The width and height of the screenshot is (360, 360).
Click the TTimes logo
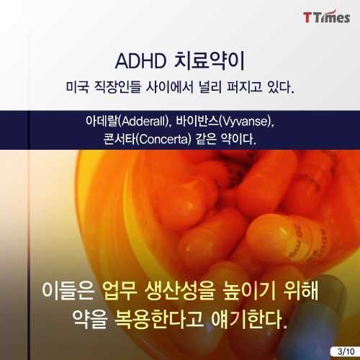point(326,17)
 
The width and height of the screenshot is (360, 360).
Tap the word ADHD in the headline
point(141,61)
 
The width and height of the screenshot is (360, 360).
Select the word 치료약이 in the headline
point(209,60)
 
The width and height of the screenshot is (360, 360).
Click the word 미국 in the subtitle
point(78,87)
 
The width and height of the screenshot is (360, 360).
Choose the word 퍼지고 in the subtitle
point(244,87)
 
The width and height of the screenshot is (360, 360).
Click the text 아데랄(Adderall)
point(127,122)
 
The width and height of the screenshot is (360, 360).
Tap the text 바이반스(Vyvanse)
point(225,122)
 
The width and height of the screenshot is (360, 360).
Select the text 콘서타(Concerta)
point(148,140)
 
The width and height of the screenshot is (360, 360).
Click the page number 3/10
point(346,351)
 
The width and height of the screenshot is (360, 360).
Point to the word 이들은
point(68,291)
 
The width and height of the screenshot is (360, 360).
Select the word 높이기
point(249,291)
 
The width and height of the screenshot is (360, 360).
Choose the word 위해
point(301,291)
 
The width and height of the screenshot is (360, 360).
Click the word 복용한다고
point(159,320)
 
